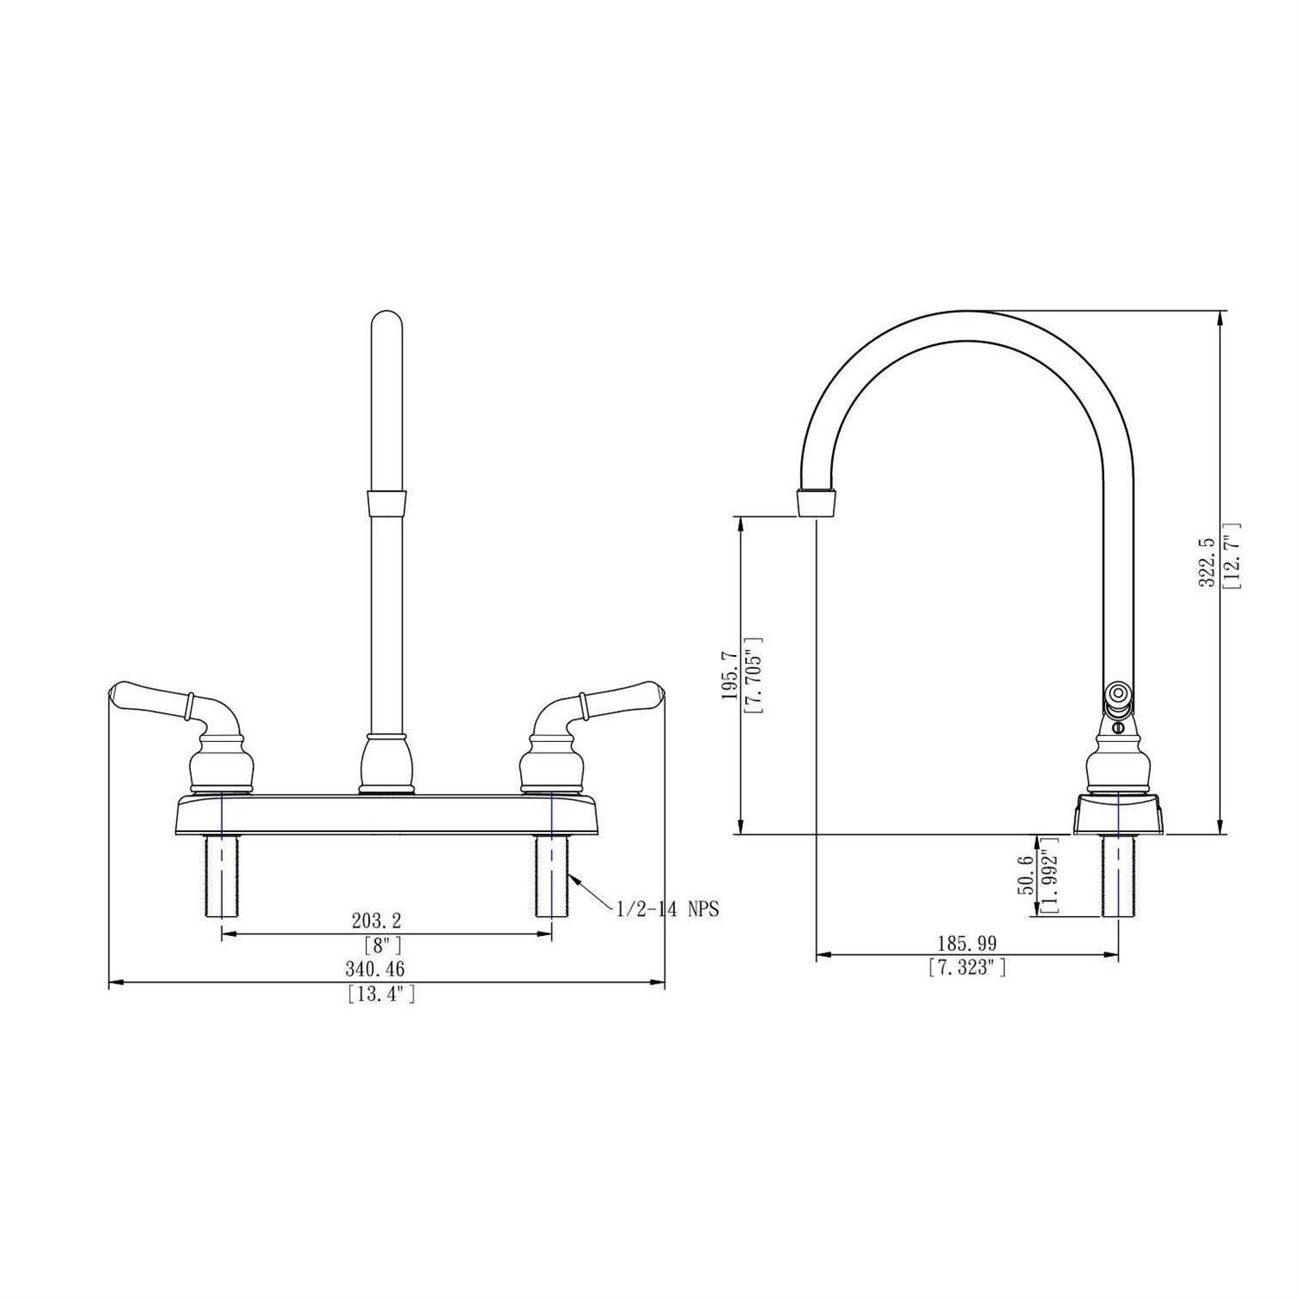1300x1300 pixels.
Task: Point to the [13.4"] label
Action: point(381,994)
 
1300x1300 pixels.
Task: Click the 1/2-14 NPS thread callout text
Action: point(667,910)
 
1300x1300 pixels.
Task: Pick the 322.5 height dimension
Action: point(1206,563)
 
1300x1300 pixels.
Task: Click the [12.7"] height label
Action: point(1232,556)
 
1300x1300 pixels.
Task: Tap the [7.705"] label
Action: point(753,675)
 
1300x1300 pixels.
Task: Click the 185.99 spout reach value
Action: point(966,943)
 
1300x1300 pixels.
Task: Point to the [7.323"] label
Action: point(967,968)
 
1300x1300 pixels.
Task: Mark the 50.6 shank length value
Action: point(1025,874)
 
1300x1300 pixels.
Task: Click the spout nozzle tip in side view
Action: point(817,502)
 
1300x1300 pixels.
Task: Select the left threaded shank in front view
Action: point(222,875)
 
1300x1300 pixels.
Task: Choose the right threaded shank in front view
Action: point(551,875)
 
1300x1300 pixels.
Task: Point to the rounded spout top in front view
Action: point(386,325)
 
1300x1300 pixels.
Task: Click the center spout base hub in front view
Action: point(386,763)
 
